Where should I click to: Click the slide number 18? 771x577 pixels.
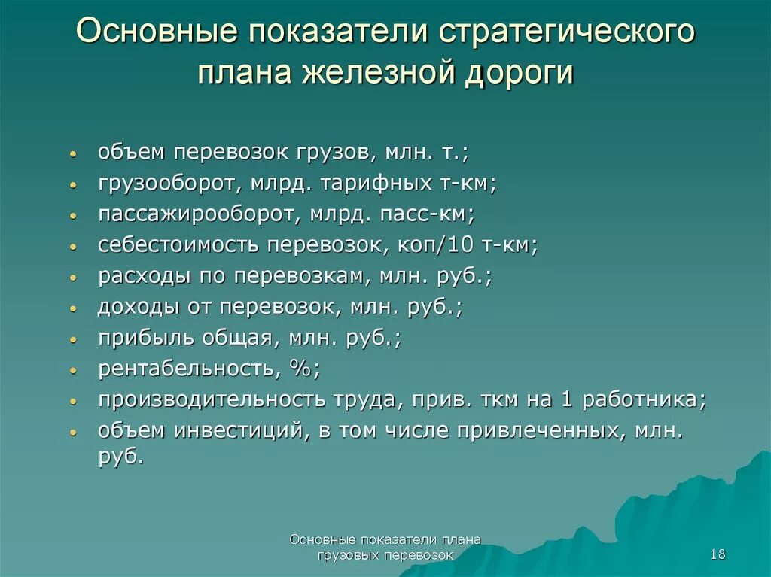click(717, 554)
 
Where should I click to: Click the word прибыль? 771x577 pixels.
click(145, 338)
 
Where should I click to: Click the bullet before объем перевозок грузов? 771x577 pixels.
click(72, 153)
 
